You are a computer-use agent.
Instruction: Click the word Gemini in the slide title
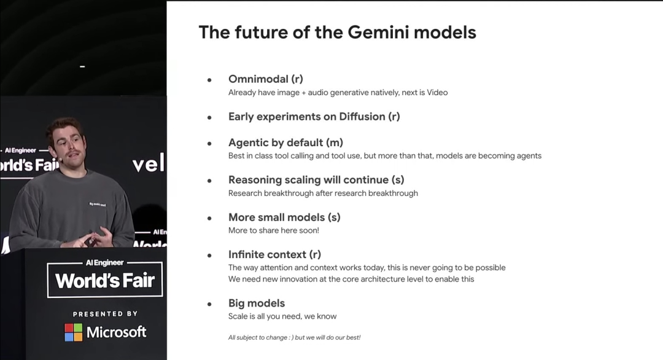click(x=378, y=32)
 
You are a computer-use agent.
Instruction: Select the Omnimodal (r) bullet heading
click(x=266, y=79)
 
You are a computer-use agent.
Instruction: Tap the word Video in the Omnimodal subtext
click(x=437, y=93)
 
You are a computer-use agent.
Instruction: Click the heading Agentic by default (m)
click(x=286, y=143)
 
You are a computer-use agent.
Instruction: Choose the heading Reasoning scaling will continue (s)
click(x=316, y=180)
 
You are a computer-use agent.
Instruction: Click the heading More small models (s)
click(x=284, y=217)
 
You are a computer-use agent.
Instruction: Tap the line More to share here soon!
click(x=274, y=230)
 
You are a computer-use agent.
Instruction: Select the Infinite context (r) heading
click(x=275, y=255)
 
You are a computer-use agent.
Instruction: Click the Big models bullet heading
click(x=257, y=303)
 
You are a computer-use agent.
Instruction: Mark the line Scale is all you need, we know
click(x=282, y=316)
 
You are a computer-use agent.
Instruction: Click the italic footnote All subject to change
click(x=294, y=338)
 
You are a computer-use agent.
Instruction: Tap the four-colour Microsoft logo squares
click(x=74, y=332)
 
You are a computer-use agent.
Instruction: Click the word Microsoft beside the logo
click(x=116, y=332)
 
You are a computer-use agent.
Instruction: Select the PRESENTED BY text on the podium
click(x=106, y=314)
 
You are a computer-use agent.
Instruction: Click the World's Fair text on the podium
click(x=105, y=281)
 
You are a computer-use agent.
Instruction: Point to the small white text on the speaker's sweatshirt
click(x=98, y=205)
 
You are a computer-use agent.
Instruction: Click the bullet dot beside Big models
click(x=209, y=304)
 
